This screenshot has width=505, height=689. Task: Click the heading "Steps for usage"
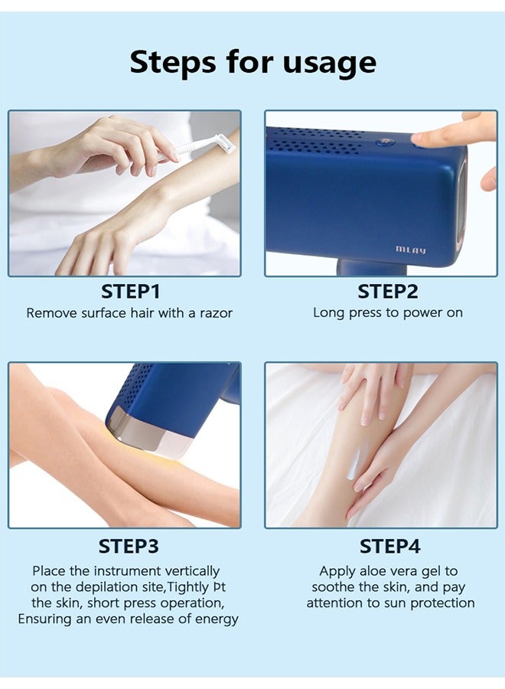(252, 62)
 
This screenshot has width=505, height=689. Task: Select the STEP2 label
(387, 292)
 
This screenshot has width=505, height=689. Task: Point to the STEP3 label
(129, 547)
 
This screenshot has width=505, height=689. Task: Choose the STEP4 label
(390, 547)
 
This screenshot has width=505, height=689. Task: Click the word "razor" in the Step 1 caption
(215, 313)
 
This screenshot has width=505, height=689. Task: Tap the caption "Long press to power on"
(387, 312)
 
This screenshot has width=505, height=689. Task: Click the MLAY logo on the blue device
(411, 250)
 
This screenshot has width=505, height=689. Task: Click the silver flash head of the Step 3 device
(150, 435)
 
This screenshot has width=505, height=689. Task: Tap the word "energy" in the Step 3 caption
(217, 619)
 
